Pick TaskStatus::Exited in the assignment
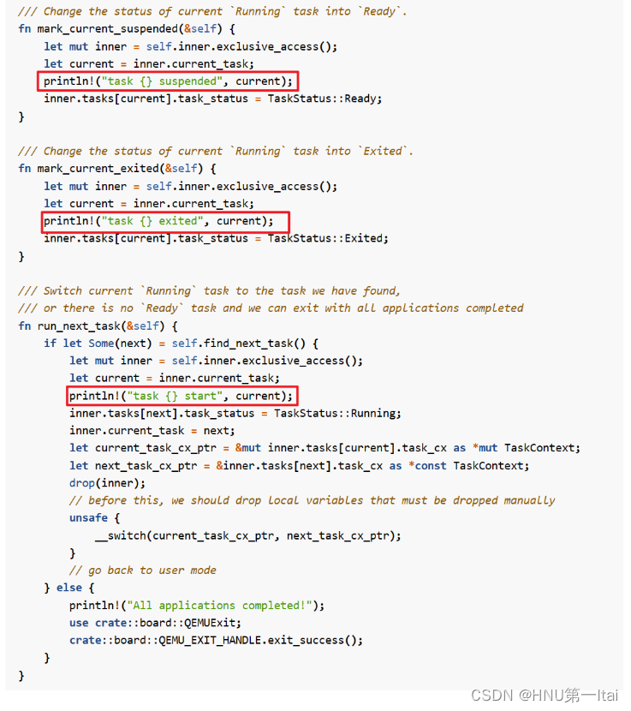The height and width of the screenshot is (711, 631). pyautogui.click(x=328, y=238)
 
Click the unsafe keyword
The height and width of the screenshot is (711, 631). pyautogui.click(x=88, y=517)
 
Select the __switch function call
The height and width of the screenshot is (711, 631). pyautogui.click(x=120, y=535)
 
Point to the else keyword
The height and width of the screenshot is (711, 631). pyautogui.click(x=69, y=588)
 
